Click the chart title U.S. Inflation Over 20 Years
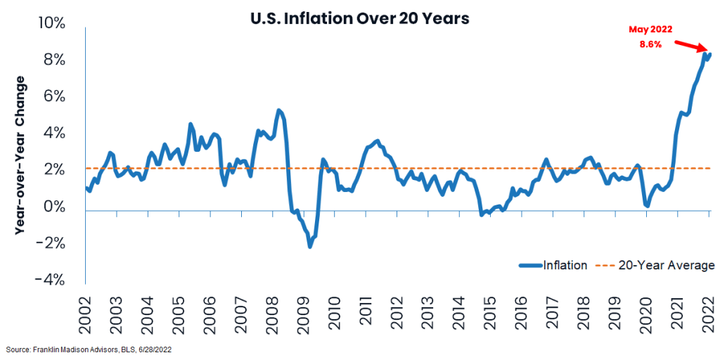(359, 19)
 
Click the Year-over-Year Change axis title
(20, 151)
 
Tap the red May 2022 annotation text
(650, 30)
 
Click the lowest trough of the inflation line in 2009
(309, 245)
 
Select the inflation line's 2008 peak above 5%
(278, 110)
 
